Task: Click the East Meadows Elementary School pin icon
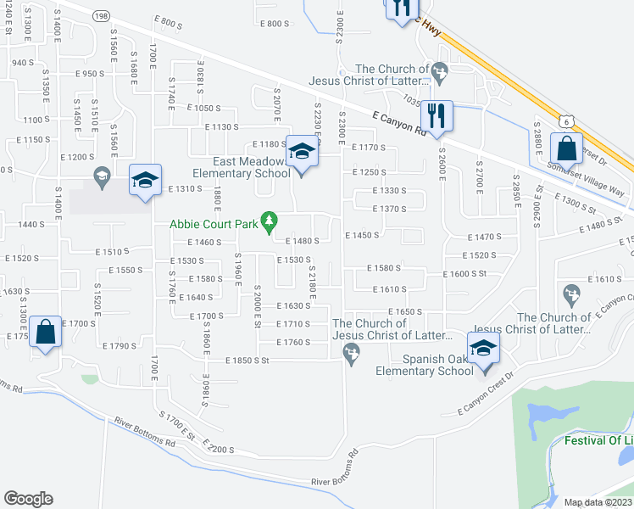click(x=302, y=151)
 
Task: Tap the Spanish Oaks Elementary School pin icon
click(x=483, y=348)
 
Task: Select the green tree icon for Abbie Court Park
click(x=270, y=222)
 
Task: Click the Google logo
click(x=28, y=499)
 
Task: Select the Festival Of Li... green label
click(x=598, y=441)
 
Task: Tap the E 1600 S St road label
click(x=468, y=274)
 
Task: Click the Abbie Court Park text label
click(x=214, y=224)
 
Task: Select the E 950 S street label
click(x=89, y=74)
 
